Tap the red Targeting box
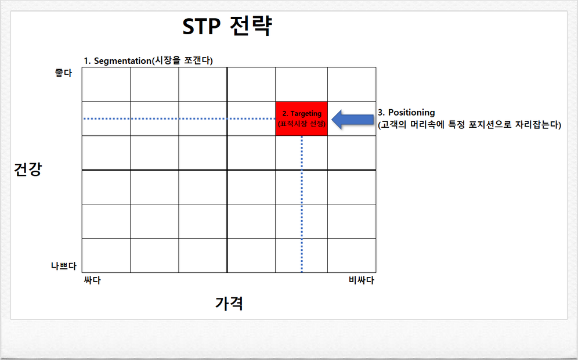tap(301, 118)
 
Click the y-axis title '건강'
tap(28, 170)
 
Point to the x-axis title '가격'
tap(229, 303)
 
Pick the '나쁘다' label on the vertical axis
tap(63, 266)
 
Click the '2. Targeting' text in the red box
tap(301, 114)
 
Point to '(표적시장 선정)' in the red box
tap(301, 124)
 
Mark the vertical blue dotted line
tap(302, 203)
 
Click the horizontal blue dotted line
tap(174, 118)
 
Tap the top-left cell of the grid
tap(106, 85)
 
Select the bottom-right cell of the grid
tap(352, 255)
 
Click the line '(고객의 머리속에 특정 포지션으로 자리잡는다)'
tap(469, 124)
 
